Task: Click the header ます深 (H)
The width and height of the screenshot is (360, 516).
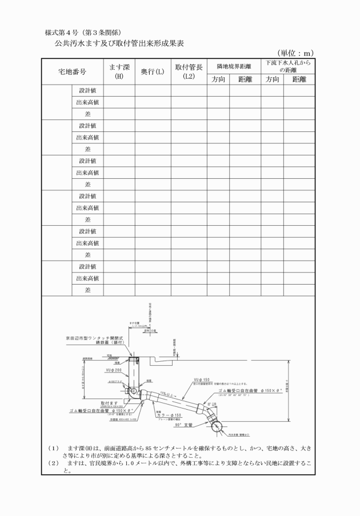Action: coord(119,71)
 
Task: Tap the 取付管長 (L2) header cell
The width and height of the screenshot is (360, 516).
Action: coord(189,71)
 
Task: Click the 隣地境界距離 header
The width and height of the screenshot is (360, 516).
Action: coord(233,66)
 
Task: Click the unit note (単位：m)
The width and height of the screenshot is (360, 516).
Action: coord(295,53)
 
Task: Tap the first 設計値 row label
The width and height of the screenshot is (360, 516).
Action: coord(87,90)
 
